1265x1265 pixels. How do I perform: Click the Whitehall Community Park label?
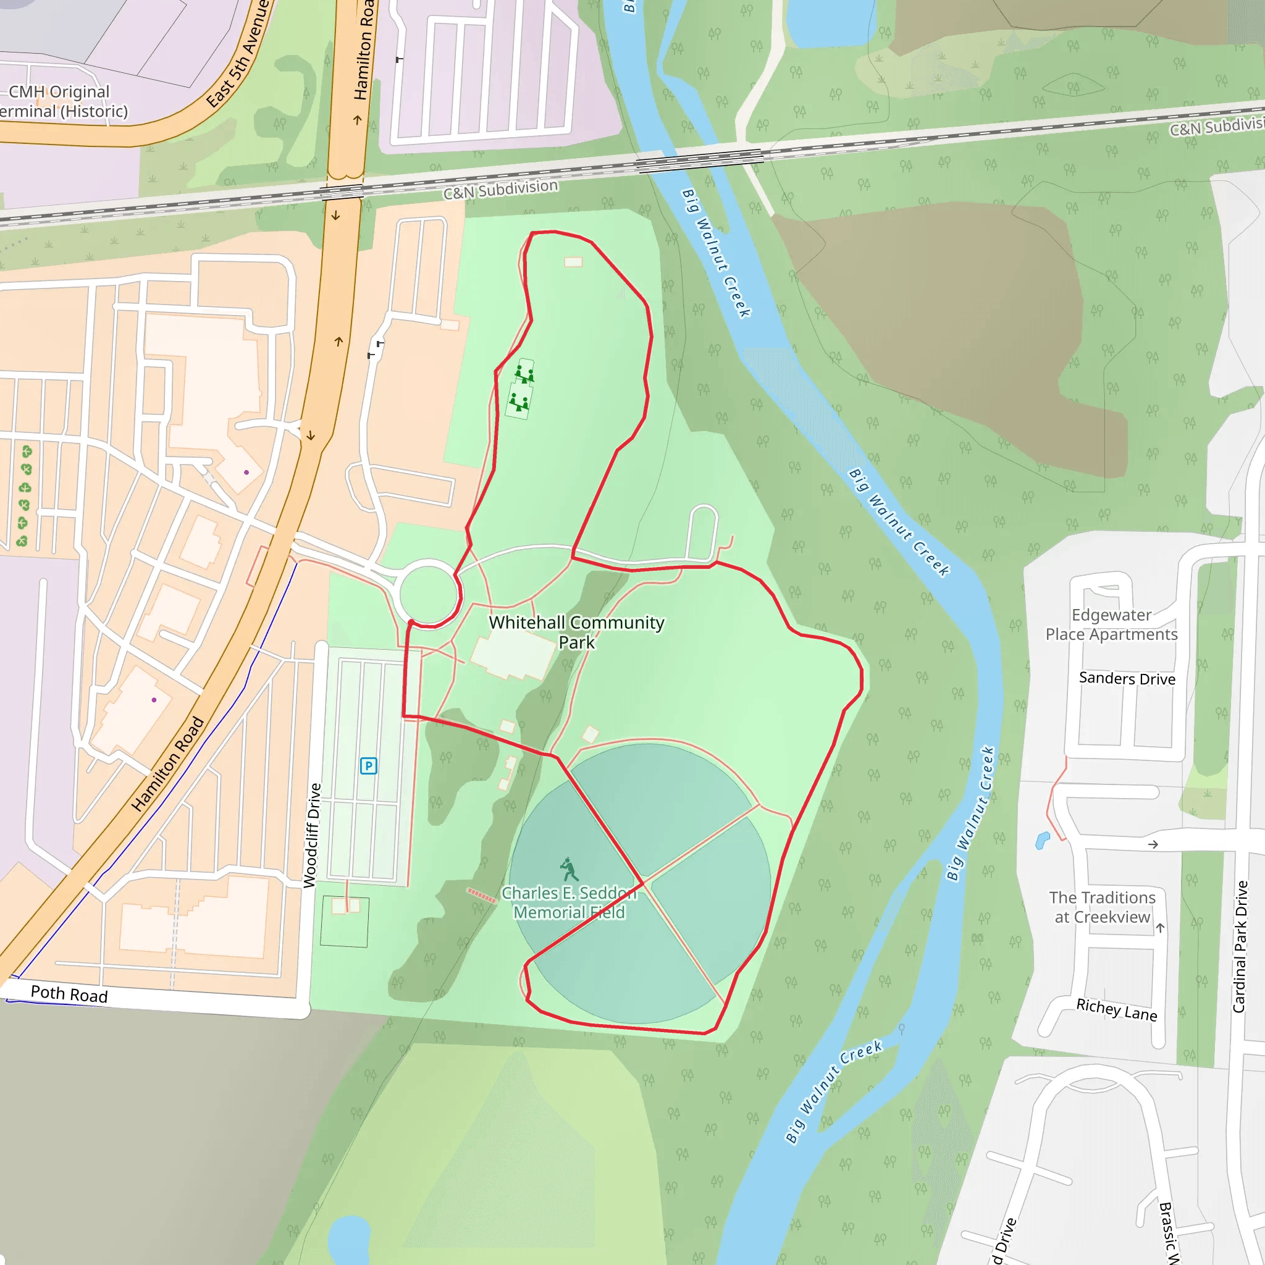point(576,632)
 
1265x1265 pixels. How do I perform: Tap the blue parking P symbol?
point(369,765)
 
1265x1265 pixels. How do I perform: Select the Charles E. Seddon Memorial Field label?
point(569,902)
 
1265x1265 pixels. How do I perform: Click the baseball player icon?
point(569,870)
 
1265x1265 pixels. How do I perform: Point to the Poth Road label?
point(69,994)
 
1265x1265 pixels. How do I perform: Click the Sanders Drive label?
point(1127,678)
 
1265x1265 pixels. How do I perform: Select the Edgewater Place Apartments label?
point(1111,624)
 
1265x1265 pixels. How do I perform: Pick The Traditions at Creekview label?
point(1102,907)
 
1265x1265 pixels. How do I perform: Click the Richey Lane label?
point(1116,1009)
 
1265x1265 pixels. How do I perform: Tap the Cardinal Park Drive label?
point(1240,947)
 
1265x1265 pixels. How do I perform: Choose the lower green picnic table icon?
point(519,401)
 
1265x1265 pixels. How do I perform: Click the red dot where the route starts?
point(411,622)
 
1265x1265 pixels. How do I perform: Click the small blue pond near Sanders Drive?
point(1043,840)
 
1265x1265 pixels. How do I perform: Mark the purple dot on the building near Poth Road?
point(154,700)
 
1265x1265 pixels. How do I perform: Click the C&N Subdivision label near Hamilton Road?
point(500,189)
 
